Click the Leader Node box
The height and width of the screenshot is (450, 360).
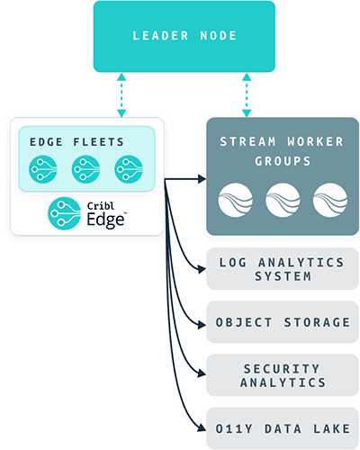click(x=184, y=36)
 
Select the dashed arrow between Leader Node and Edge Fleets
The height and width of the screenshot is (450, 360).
click(x=121, y=94)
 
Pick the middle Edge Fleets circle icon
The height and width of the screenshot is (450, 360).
click(x=86, y=169)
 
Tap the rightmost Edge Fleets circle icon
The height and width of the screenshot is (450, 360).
click(x=129, y=169)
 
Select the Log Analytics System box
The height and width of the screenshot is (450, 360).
click(x=282, y=269)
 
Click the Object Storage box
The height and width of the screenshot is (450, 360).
click(x=282, y=321)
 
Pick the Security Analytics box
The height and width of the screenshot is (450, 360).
click(x=282, y=374)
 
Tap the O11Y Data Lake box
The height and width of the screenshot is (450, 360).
click(x=282, y=427)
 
